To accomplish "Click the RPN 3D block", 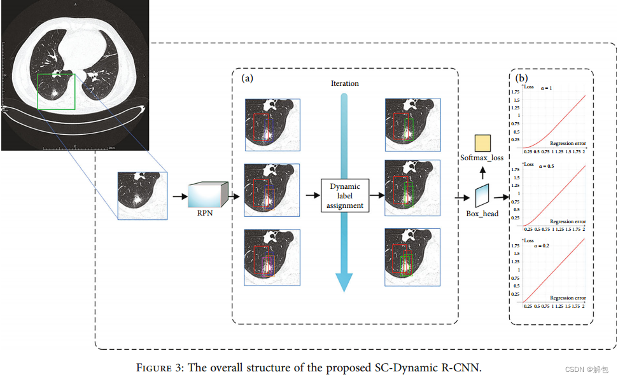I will [207, 195].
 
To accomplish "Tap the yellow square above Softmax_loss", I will [482, 143].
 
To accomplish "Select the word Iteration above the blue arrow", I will [344, 83].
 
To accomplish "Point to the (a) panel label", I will [248, 78].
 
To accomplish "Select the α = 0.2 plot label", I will [544, 245].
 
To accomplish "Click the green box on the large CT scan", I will [56, 92].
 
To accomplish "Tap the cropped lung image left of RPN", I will [142, 196].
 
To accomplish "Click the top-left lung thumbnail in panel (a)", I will [272, 124].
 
